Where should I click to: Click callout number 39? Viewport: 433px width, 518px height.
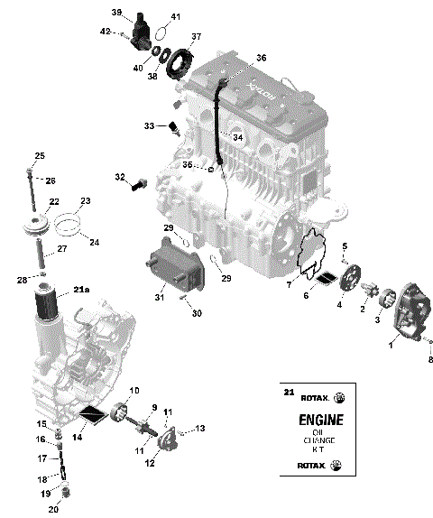click(x=116, y=12)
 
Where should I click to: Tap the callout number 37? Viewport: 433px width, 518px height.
click(x=197, y=37)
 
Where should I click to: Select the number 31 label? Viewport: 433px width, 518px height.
click(x=159, y=299)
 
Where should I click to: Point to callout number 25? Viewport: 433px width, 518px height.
click(x=39, y=156)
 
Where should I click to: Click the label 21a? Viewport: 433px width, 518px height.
click(x=81, y=289)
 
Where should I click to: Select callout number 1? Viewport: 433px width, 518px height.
click(x=392, y=344)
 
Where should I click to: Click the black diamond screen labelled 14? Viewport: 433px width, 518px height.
click(x=92, y=417)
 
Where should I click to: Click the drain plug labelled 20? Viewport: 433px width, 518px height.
click(x=65, y=493)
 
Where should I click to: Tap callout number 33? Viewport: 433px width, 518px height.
click(x=148, y=125)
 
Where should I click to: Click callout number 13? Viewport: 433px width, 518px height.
click(x=200, y=428)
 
